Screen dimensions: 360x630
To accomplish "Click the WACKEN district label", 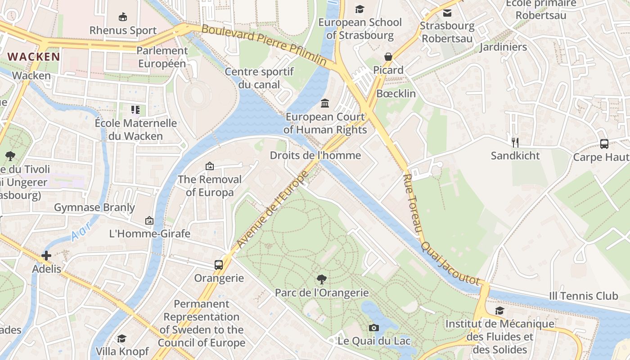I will click(x=34, y=57).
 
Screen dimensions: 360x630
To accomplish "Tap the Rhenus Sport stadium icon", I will click(x=122, y=17).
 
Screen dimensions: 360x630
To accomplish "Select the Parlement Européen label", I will click(x=162, y=57).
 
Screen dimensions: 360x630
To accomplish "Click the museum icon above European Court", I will click(x=325, y=104).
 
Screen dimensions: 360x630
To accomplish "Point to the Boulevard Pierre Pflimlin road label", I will click(x=264, y=45).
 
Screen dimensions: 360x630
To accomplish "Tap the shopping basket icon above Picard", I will click(x=388, y=57).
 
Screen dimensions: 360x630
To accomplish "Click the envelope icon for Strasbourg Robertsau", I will click(x=447, y=13).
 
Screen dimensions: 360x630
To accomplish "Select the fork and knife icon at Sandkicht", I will click(x=515, y=143).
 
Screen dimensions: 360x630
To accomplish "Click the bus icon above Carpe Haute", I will click(x=604, y=144).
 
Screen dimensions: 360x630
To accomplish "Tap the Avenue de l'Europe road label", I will click(x=272, y=210).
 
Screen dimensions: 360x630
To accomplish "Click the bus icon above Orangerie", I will click(x=219, y=265).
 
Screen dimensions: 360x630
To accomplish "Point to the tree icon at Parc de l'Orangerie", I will click(x=322, y=279).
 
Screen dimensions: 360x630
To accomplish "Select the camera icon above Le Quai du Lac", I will click(x=373, y=328).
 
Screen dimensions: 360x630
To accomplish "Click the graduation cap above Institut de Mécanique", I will click(x=499, y=310).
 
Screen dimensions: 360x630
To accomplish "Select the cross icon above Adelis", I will click(x=46, y=256).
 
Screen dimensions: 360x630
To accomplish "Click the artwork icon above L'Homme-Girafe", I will click(x=149, y=220).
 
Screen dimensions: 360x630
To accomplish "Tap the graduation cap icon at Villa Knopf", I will click(x=121, y=338).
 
